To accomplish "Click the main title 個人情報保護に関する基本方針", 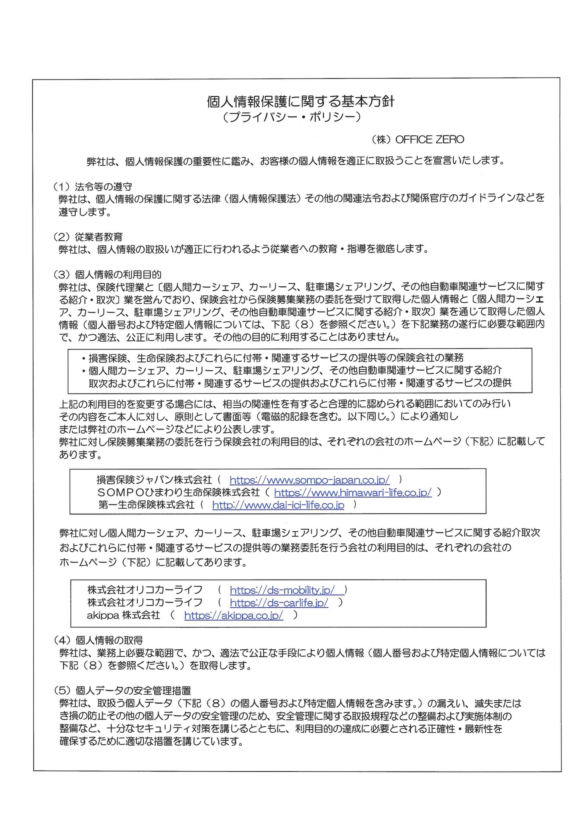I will [300, 102].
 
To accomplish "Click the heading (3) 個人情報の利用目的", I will [107, 274].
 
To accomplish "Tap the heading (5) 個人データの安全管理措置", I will [122, 691].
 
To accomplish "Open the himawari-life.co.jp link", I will [353, 492].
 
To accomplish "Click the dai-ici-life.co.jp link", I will [278, 505].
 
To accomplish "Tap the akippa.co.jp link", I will [234, 615].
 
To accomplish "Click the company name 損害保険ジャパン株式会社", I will [154, 480].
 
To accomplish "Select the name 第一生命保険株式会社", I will [147, 505].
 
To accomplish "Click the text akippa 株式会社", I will [123, 615].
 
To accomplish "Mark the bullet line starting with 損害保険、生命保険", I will [273, 358].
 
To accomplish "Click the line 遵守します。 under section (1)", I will [85, 212].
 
